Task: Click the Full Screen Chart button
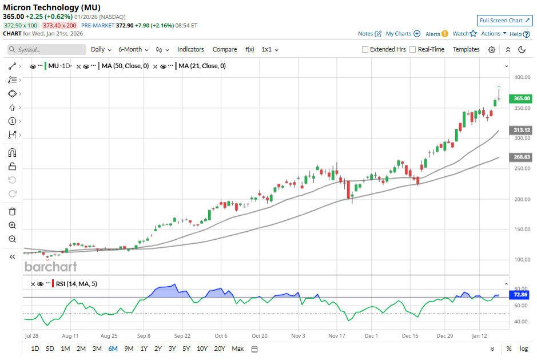505,20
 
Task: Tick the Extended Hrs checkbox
365,50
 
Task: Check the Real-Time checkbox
413,50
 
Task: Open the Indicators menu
190,50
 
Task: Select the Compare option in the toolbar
225,50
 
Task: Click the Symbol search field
47,50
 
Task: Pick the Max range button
238,349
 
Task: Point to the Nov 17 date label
337,336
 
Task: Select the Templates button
466,50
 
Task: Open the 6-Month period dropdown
133,50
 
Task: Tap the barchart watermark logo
51,267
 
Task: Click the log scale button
523,349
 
